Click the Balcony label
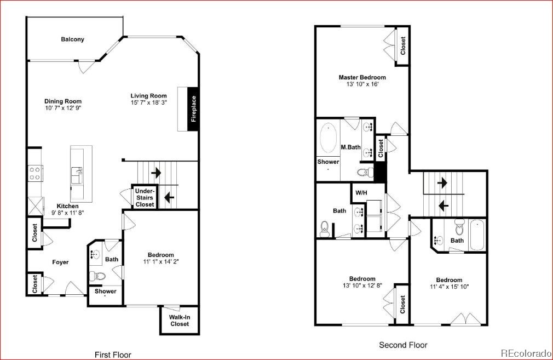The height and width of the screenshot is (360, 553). click(72, 39)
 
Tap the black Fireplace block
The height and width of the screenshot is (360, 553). click(193, 109)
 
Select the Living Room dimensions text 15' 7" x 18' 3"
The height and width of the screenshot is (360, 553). click(148, 103)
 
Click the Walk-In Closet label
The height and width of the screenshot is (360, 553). click(180, 321)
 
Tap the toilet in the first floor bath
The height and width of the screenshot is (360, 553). click(98, 275)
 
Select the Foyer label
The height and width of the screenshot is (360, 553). click(60, 262)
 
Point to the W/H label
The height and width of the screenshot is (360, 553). click(361, 193)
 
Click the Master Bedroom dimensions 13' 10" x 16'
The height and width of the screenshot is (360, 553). click(362, 84)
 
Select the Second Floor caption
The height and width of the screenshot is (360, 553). click(403, 345)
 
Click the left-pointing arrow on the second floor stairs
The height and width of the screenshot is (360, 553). click(443, 206)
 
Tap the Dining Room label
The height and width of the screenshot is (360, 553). click(63, 101)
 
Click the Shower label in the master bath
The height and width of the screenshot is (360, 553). click(329, 162)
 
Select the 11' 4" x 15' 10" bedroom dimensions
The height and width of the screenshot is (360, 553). click(449, 287)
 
